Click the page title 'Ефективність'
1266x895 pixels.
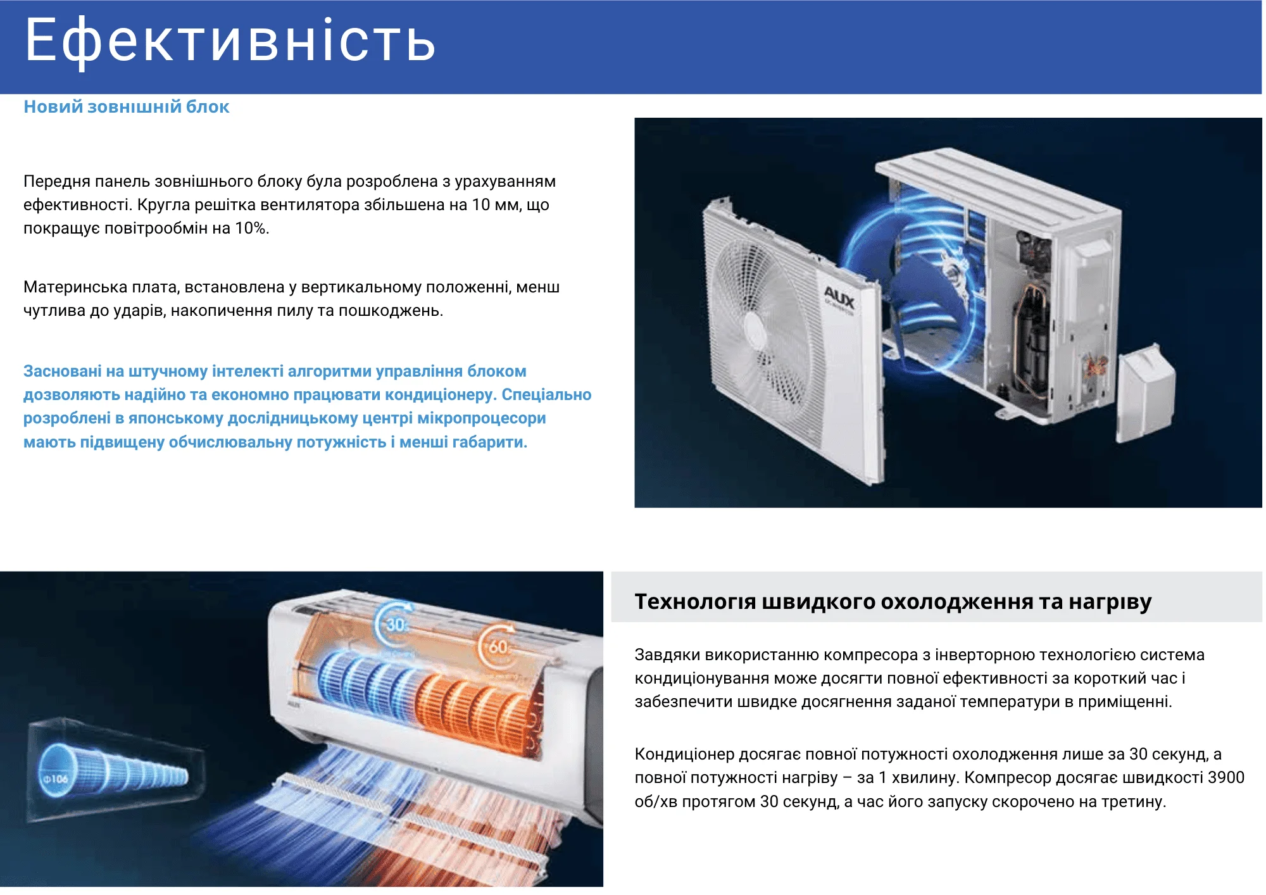230,41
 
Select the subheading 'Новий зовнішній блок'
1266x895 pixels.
127,106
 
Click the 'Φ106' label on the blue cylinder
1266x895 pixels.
56,779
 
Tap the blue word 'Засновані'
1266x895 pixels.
63,371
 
